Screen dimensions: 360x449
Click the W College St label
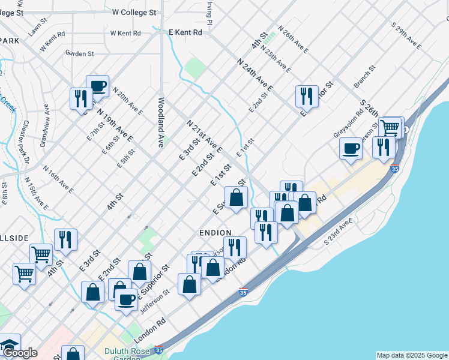point(134,12)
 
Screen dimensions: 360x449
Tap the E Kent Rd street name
point(185,32)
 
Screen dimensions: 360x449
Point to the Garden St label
point(80,53)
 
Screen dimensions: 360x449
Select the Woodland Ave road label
point(161,122)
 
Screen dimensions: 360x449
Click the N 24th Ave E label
point(255,74)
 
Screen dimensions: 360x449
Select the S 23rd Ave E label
point(337,232)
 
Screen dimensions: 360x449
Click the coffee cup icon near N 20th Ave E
point(97,86)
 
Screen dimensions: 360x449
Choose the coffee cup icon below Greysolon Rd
point(351,148)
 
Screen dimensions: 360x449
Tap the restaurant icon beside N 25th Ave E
point(307,95)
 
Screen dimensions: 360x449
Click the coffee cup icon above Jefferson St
point(126,299)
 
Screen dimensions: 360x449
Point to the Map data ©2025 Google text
point(411,355)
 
